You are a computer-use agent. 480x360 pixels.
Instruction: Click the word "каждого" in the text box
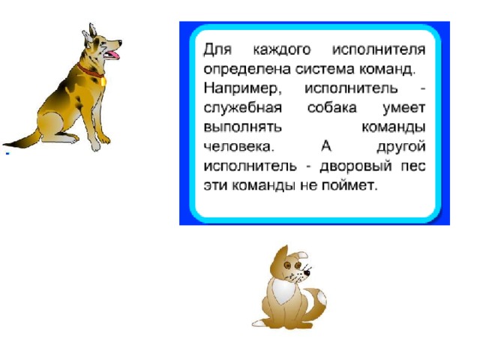tap(282, 49)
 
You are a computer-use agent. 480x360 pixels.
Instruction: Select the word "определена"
tap(247, 70)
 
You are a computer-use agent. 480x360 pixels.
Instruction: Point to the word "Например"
tap(241, 89)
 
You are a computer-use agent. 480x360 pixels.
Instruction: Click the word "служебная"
tap(243, 108)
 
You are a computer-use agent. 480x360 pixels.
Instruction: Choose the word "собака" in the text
tap(332, 108)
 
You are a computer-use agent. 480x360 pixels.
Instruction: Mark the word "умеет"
tap(404, 109)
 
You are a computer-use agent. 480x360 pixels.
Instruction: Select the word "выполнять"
tap(242, 127)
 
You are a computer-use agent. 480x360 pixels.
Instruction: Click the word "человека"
tap(238, 147)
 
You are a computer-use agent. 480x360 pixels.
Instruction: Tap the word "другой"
tap(401, 147)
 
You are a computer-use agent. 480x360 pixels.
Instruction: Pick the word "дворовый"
tap(355, 166)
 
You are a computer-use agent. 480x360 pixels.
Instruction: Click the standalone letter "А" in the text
tap(326, 146)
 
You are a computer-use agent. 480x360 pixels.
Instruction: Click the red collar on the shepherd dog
tap(89, 70)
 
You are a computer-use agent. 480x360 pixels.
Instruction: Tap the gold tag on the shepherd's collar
tap(103, 82)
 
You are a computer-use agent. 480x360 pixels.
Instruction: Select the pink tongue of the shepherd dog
tap(112, 55)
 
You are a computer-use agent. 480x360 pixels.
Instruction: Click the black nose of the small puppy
tap(307, 272)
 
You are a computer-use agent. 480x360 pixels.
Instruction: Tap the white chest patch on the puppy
tap(283, 291)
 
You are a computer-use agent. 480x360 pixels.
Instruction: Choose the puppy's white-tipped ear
tap(301, 255)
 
